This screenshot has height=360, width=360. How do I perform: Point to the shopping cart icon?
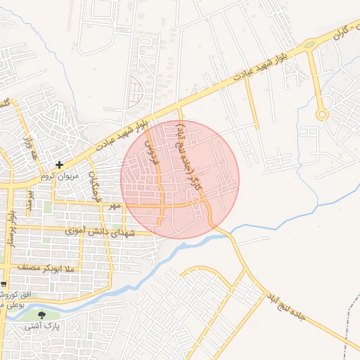(4, 284)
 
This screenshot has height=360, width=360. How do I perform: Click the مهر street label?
(115, 206)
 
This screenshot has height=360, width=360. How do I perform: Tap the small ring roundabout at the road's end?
(321, 114)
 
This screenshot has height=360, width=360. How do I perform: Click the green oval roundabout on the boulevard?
(309, 46)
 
